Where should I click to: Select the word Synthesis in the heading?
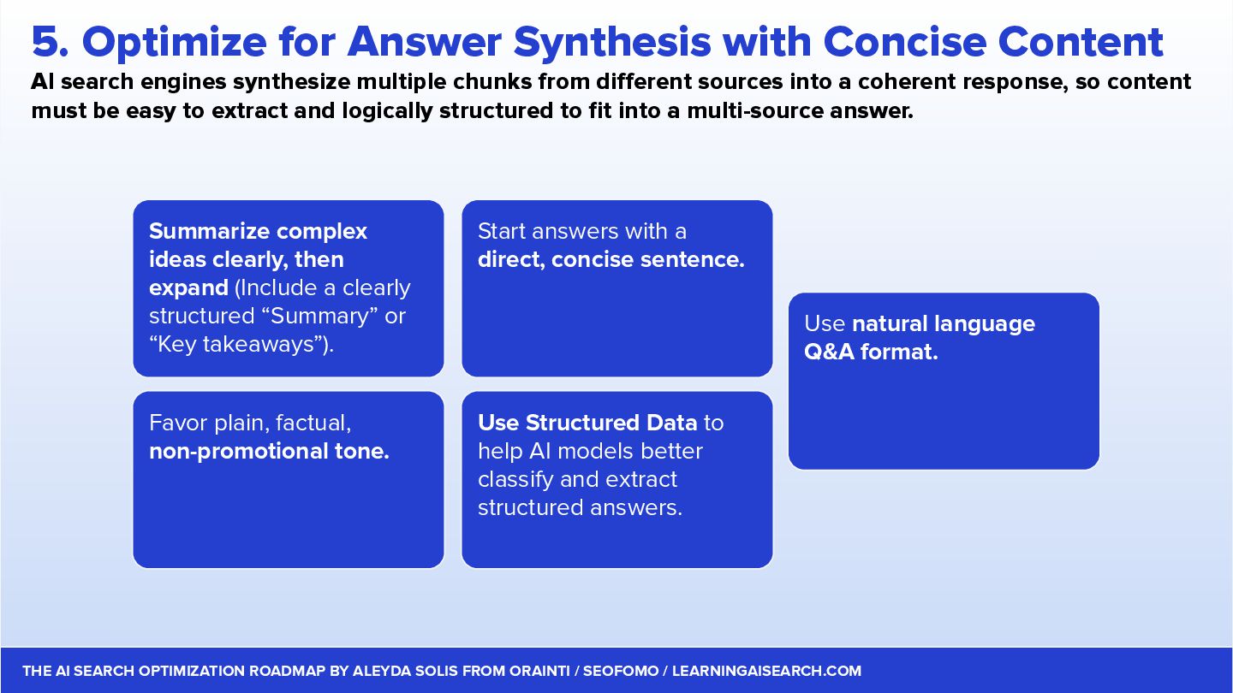tap(612, 44)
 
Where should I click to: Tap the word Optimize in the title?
tap(175, 44)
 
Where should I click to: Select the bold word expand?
tap(188, 287)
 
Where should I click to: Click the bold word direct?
tap(511, 259)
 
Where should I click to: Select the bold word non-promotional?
tap(238, 452)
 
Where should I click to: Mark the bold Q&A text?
tap(829, 352)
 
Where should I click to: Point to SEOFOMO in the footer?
tap(620, 671)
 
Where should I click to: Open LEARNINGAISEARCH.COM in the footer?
tap(766, 671)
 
